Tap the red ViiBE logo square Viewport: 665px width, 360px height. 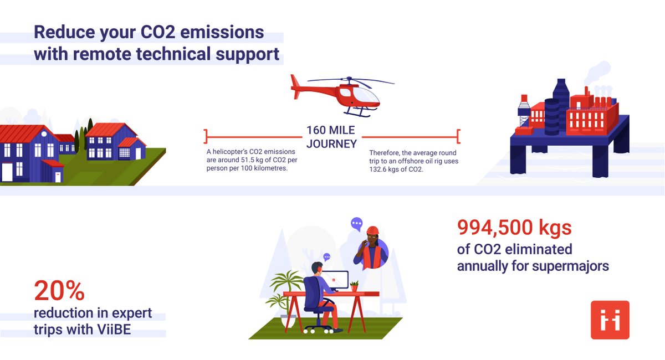click(x=610, y=320)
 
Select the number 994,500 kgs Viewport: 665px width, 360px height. click(x=514, y=228)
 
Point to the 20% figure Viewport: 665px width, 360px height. click(x=59, y=290)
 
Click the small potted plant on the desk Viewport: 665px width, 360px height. click(x=354, y=286)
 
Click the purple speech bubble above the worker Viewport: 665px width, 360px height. click(x=357, y=224)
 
